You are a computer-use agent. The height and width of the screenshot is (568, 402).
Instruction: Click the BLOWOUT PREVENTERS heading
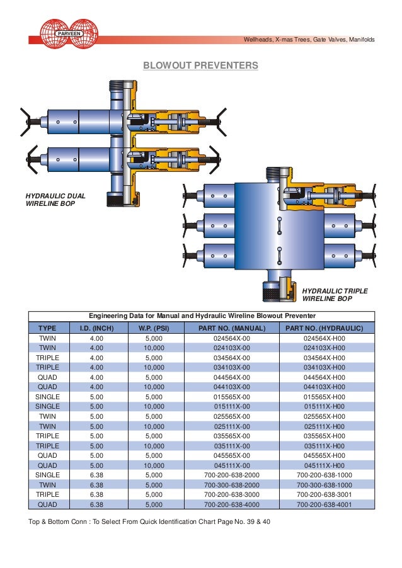pyautogui.click(x=200, y=65)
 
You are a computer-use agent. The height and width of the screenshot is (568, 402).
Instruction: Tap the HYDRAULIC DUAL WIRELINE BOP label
pyautogui.click(x=55, y=200)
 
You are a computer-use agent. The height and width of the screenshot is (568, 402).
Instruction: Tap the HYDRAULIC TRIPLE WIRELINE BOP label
pyautogui.click(x=335, y=295)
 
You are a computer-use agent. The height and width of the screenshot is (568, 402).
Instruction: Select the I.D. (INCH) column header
pyautogui.click(x=96, y=328)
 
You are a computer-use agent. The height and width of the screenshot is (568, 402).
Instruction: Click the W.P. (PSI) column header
pyautogui.click(x=154, y=328)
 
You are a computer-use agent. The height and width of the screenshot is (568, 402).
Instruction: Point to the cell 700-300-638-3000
pyautogui.click(x=233, y=495)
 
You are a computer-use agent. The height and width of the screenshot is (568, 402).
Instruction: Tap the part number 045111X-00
pyautogui.click(x=233, y=465)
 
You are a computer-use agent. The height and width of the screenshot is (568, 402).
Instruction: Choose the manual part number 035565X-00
pyautogui.click(x=233, y=436)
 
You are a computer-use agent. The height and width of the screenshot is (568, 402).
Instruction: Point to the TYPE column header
pyautogui.click(x=47, y=328)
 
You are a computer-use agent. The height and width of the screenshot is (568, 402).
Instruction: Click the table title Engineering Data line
pyautogui.click(x=202, y=315)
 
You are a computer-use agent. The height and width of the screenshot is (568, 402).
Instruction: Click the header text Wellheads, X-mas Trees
pyautogui.click(x=309, y=40)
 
